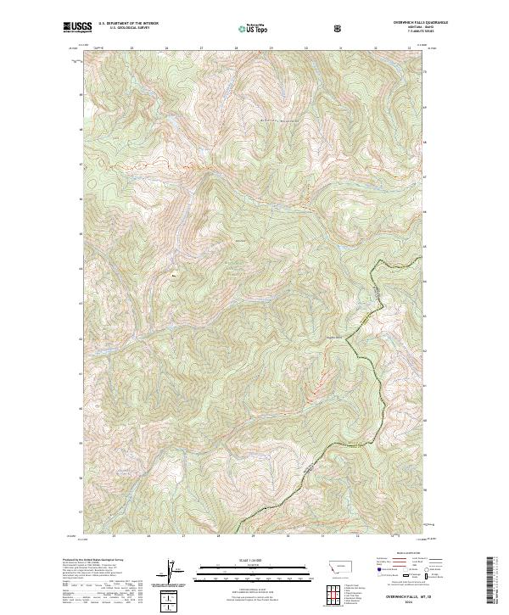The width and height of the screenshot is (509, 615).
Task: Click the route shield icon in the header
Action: [x=338, y=28]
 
